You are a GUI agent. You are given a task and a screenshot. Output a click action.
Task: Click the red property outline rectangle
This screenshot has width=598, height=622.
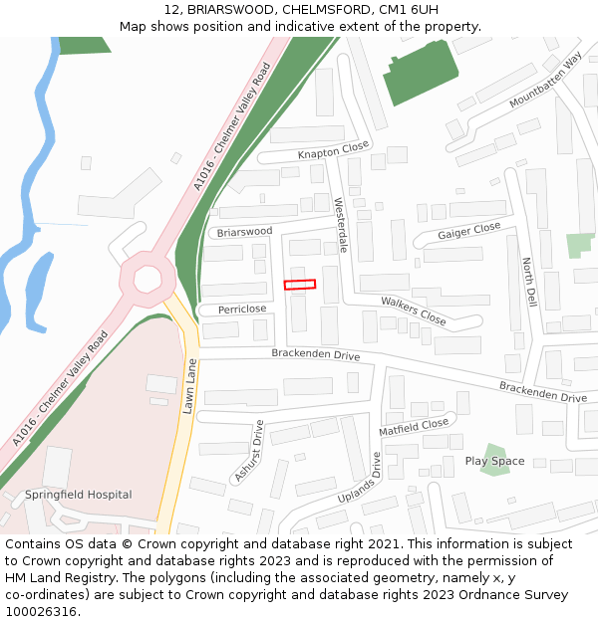coord(299,285)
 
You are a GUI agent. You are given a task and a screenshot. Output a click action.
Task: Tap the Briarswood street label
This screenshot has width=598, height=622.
coord(244,232)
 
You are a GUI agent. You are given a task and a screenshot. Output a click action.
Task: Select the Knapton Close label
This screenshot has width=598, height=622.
coord(333,152)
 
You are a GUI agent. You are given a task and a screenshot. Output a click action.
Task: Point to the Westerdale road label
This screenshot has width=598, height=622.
coord(341,225)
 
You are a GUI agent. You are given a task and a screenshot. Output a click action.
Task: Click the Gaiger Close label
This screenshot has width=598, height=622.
coord(469,231)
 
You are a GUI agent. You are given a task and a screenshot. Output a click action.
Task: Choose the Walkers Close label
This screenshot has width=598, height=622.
coord(414,311)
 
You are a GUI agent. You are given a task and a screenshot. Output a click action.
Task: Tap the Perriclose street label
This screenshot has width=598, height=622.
coord(242,310)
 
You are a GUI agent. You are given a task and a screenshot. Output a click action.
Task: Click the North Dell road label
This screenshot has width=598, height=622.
coord(529,282)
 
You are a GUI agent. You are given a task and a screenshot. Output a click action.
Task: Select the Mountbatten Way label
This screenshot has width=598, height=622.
coord(544,81)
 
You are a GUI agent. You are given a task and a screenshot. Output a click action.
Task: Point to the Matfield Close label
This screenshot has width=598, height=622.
coord(414,427)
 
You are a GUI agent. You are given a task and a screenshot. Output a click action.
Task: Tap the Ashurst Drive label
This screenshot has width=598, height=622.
coord(249,452)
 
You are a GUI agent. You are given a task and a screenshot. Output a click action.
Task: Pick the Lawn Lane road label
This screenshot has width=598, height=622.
coord(189,385)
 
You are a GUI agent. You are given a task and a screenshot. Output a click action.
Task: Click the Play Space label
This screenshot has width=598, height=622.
coord(494,462)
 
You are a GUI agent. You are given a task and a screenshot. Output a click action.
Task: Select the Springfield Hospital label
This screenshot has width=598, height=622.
coord(79,495)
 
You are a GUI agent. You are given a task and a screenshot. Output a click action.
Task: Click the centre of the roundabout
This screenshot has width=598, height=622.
coord(147,277)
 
